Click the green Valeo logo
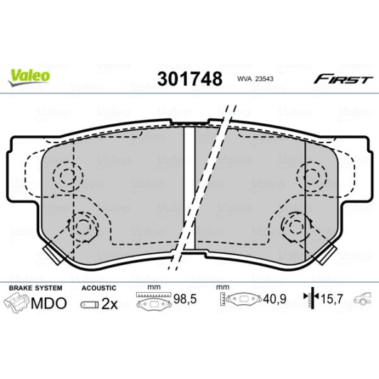click(29, 72)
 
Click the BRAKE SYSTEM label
click(35, 288)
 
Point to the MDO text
click(49, 303)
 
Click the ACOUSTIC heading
click(98, 288)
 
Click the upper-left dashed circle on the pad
click(68, 176)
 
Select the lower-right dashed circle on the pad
click(296, 227)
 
